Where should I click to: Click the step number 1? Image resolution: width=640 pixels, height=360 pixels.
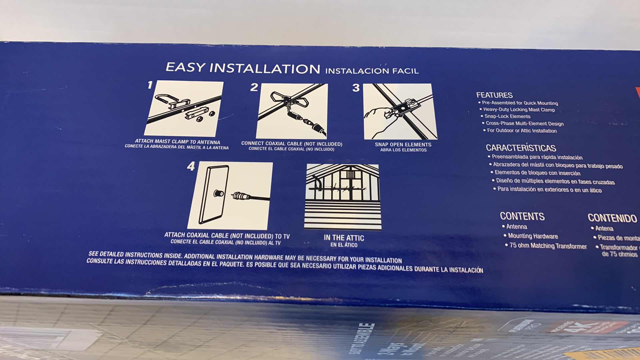(150, 85)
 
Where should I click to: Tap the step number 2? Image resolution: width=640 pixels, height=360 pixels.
(254, 87)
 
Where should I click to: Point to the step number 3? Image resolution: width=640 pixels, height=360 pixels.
(356, 88)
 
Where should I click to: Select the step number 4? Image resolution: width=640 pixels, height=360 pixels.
(191, 166)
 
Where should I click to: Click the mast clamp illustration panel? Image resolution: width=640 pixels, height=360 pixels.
(184, 108)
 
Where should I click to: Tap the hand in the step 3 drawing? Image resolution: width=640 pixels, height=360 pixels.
(378, 120)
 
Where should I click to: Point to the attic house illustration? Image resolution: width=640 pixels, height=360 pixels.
(343, 197)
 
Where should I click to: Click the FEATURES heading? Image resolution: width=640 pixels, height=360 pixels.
(494, 95)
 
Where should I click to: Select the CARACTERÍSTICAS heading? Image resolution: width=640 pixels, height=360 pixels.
(521, 148)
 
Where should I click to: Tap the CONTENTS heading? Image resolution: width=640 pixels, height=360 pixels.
(522, 216)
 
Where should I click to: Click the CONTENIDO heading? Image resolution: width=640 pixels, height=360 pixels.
(612, 218)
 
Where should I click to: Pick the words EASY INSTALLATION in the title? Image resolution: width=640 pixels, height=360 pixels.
(243, 68)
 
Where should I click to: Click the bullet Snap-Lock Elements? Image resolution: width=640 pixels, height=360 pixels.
(507, 116)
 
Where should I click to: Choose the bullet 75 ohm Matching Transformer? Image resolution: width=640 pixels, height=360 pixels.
(548, 246)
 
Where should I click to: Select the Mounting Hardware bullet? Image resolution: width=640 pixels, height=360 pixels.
(533, 236)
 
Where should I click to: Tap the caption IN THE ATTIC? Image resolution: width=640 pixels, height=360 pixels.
(344, 238)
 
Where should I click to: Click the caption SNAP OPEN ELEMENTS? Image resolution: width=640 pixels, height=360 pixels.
(403, 145)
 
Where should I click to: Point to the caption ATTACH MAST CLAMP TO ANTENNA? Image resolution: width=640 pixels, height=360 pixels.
(177, 142)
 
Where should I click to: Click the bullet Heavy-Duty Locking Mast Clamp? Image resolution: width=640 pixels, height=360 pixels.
(519, 110)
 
